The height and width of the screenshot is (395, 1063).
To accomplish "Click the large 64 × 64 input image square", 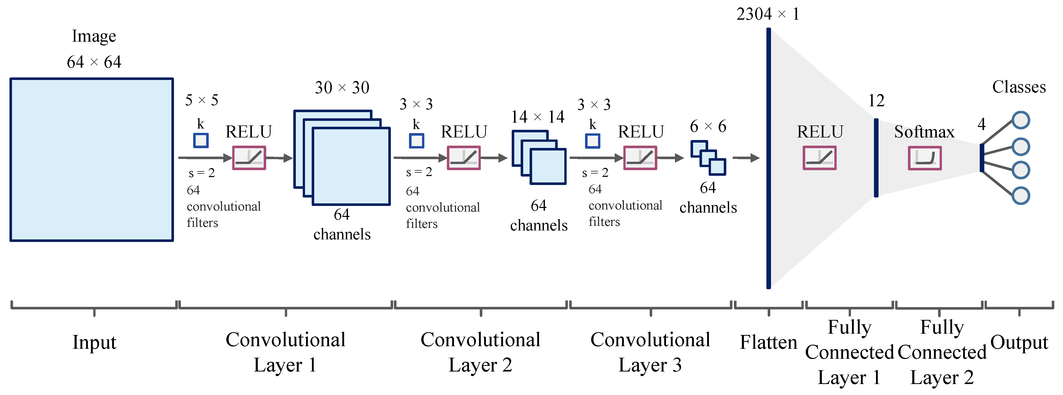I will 92,159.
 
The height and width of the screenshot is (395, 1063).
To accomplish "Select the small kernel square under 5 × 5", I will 201,140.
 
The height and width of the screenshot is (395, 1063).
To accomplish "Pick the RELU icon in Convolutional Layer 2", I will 464,158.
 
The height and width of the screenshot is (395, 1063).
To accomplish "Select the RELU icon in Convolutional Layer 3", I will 640,158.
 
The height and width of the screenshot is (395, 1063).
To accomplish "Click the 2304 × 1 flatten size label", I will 767,14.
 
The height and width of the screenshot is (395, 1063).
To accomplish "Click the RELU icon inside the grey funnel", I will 820,158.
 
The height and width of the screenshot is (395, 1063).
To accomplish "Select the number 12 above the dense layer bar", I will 876,101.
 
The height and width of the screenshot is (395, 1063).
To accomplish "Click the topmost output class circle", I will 1021,120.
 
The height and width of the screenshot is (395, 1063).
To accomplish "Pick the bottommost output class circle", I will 1021,196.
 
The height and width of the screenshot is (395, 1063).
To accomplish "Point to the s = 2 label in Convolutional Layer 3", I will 595,172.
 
